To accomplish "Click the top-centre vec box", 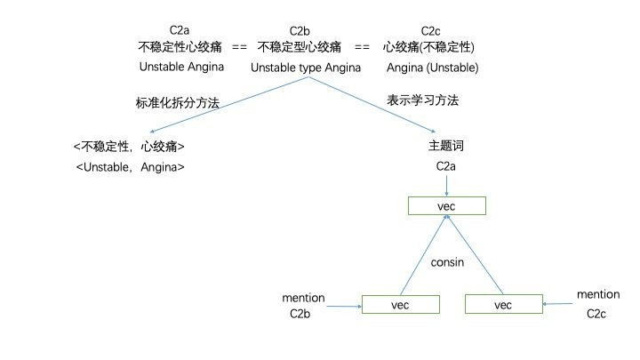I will (x=446, y=206).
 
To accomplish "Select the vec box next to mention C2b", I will (x=401, y=304).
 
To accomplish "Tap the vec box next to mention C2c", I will (x=503, y=304).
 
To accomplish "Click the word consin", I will (x=449, y=263).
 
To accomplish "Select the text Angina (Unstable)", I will (x=433, y=67).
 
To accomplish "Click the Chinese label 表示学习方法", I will (x=422, y=100).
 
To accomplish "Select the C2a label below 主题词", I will (x=446, y=165).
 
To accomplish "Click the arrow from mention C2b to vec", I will (x=344, y=307).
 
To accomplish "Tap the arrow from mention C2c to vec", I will (x=557, y=305).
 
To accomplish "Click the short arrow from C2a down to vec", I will (x=446, y=185).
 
